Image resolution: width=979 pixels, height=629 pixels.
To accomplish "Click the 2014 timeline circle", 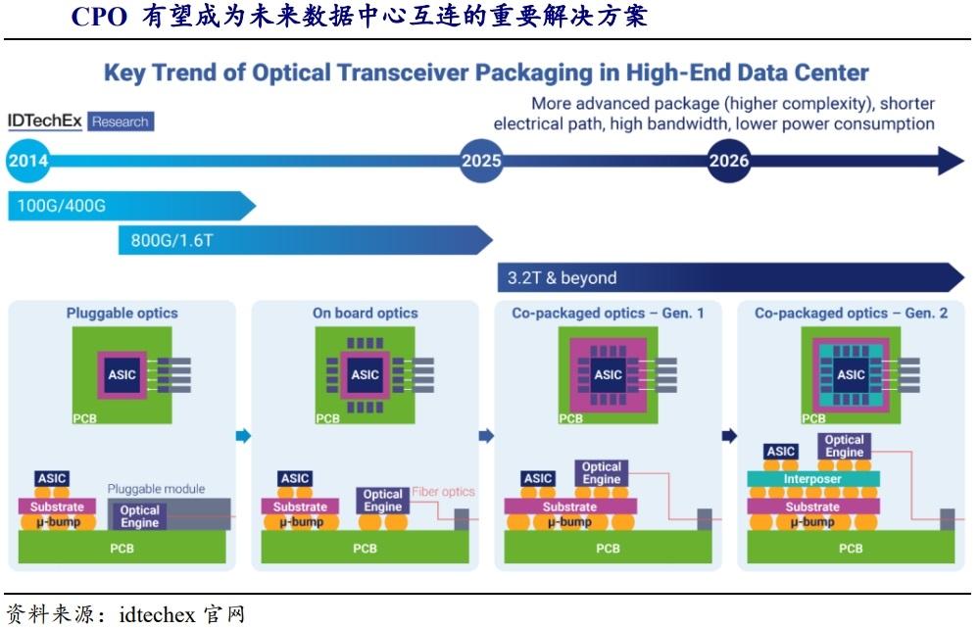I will tap(28, 161).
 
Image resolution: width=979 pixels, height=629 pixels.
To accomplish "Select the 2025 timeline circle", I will tap(481, 161).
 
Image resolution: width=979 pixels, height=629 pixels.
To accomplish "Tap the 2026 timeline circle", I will tap(728, 161).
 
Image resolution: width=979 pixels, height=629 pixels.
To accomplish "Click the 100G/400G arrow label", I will tap(61, 205).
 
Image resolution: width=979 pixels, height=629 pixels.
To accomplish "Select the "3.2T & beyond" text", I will tap(563, 277).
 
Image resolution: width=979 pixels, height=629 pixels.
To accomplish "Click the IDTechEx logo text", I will tap(45, 121).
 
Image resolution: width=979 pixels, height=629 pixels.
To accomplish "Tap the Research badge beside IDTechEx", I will tap(121, 121).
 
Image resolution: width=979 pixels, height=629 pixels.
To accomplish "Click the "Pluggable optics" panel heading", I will tap(122, 314).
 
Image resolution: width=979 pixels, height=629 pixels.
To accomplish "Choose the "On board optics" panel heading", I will tap(365, 314).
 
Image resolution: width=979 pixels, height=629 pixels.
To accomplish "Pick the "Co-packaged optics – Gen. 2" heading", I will tap(851, 314).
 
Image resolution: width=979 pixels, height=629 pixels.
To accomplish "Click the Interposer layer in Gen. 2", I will tap(812, 479).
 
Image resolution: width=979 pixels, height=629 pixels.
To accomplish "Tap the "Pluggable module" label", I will tap(156, 489).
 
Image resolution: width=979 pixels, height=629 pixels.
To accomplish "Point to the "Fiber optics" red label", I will tap(443, 492).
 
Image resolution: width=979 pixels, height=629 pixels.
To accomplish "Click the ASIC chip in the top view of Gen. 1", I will tap(608, 374).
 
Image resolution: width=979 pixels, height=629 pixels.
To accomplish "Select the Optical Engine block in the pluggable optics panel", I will tap(140, 516).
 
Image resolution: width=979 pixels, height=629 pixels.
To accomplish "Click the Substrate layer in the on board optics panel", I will tap(300, 507).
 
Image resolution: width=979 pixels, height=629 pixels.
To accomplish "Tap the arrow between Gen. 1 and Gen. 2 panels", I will tap(728, 436).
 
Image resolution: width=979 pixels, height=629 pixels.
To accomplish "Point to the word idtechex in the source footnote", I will tap(157, 615).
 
